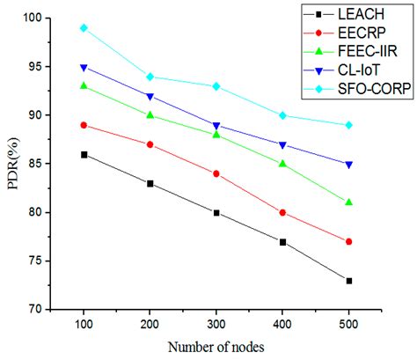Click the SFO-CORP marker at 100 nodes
(x=84, y=28)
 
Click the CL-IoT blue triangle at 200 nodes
(x=150, y=96)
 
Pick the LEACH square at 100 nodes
(x=84, y=154)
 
